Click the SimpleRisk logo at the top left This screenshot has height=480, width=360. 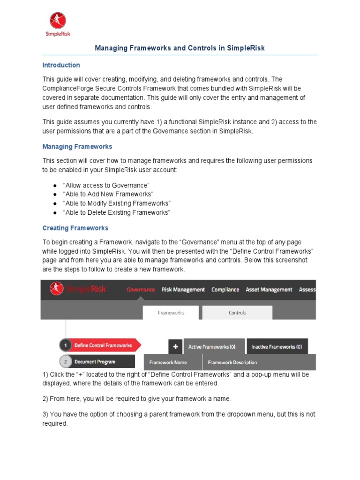click(x=58, y=24)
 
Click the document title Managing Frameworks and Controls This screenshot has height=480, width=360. click(x=180, y=48)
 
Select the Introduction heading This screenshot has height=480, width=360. click(x=61, y=65)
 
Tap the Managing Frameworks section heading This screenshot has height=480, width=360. click(x=77, y=147)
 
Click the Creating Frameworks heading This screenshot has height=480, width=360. click(x=75, y=228)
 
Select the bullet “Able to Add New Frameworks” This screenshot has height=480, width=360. click(x=108, y=195)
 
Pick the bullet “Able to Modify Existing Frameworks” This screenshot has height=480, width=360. click(x=117, y=203)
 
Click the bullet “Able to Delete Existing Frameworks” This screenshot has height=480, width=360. click(x=116, y=212)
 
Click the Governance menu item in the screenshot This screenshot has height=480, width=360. click(x=141, y=290)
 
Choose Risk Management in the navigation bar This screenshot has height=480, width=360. click(x=183, y=290)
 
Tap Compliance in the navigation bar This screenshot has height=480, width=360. click(x=225, y=290)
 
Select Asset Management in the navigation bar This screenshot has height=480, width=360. click(x=269, y=290)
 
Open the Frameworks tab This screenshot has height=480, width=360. click(x=171, y=313)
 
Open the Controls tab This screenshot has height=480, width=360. click(x=237, y=313)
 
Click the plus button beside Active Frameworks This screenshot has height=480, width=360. click(x=175, y=347)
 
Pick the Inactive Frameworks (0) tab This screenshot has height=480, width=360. click(x=277, y=347)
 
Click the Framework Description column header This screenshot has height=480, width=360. click(x=232, y=362)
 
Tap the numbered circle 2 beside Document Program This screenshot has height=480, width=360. click(x=65, y=362)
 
